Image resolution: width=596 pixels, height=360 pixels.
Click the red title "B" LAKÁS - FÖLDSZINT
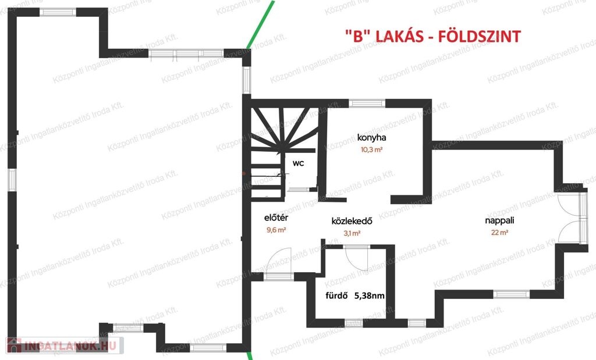point(433,37)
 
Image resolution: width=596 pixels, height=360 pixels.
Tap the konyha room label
point(371,137)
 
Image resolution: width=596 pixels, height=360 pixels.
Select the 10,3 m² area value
point(371,149)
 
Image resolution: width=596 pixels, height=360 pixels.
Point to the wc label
point(299,163)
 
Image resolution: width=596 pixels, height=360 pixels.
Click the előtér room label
point(276,218)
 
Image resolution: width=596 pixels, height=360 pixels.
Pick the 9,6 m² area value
point(276,230)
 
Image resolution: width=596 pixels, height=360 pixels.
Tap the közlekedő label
point(352,221)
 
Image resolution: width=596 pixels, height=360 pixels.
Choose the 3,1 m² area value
point(352,233)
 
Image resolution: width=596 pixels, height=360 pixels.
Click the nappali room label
point(499,220)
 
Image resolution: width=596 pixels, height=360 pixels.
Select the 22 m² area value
point(499,233)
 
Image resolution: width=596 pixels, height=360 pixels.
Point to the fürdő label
point(337,295)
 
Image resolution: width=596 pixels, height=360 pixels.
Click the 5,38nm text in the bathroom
point(369,295)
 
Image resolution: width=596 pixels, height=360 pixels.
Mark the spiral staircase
point(283,152)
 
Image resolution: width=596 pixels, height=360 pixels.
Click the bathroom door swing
point(357,258)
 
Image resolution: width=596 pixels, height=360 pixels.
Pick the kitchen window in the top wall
point(367,103)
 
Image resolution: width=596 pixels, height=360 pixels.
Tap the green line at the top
point(260,24)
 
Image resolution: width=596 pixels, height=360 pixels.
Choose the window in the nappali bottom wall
point(511,294)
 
